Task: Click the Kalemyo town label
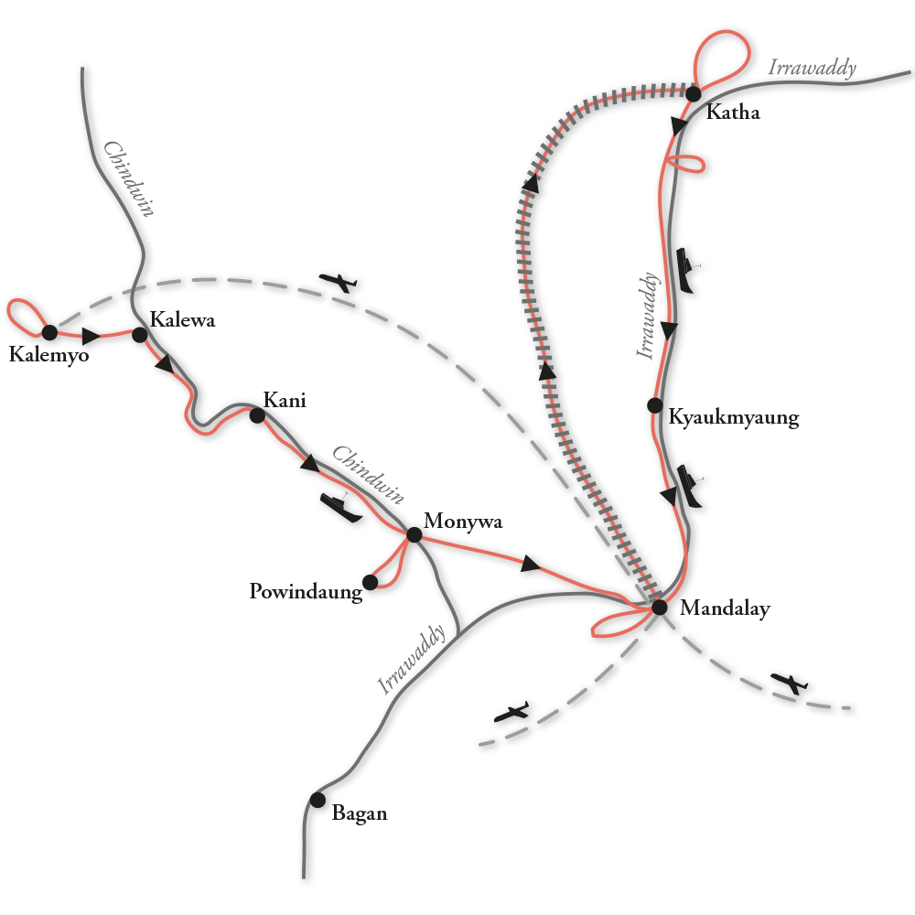point(48,355)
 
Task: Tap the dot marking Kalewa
point(139,336)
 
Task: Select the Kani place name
point(285,400)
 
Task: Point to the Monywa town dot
point(413,534)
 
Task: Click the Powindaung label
point(306,593)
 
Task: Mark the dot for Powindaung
point(371,582)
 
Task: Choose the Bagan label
point(360,813)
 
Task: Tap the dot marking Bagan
point(318,800)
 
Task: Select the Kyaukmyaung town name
point(734,418)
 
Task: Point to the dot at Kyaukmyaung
point(654,404)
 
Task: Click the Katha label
point(733,113)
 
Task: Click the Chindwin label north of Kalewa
point(128,179)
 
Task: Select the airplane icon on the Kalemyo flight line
point(341,284)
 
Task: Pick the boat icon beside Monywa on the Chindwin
point(339,507)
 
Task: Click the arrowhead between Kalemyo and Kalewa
point(90,335)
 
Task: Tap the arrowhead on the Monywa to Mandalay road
point(529,565)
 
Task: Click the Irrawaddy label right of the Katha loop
point(813,67)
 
